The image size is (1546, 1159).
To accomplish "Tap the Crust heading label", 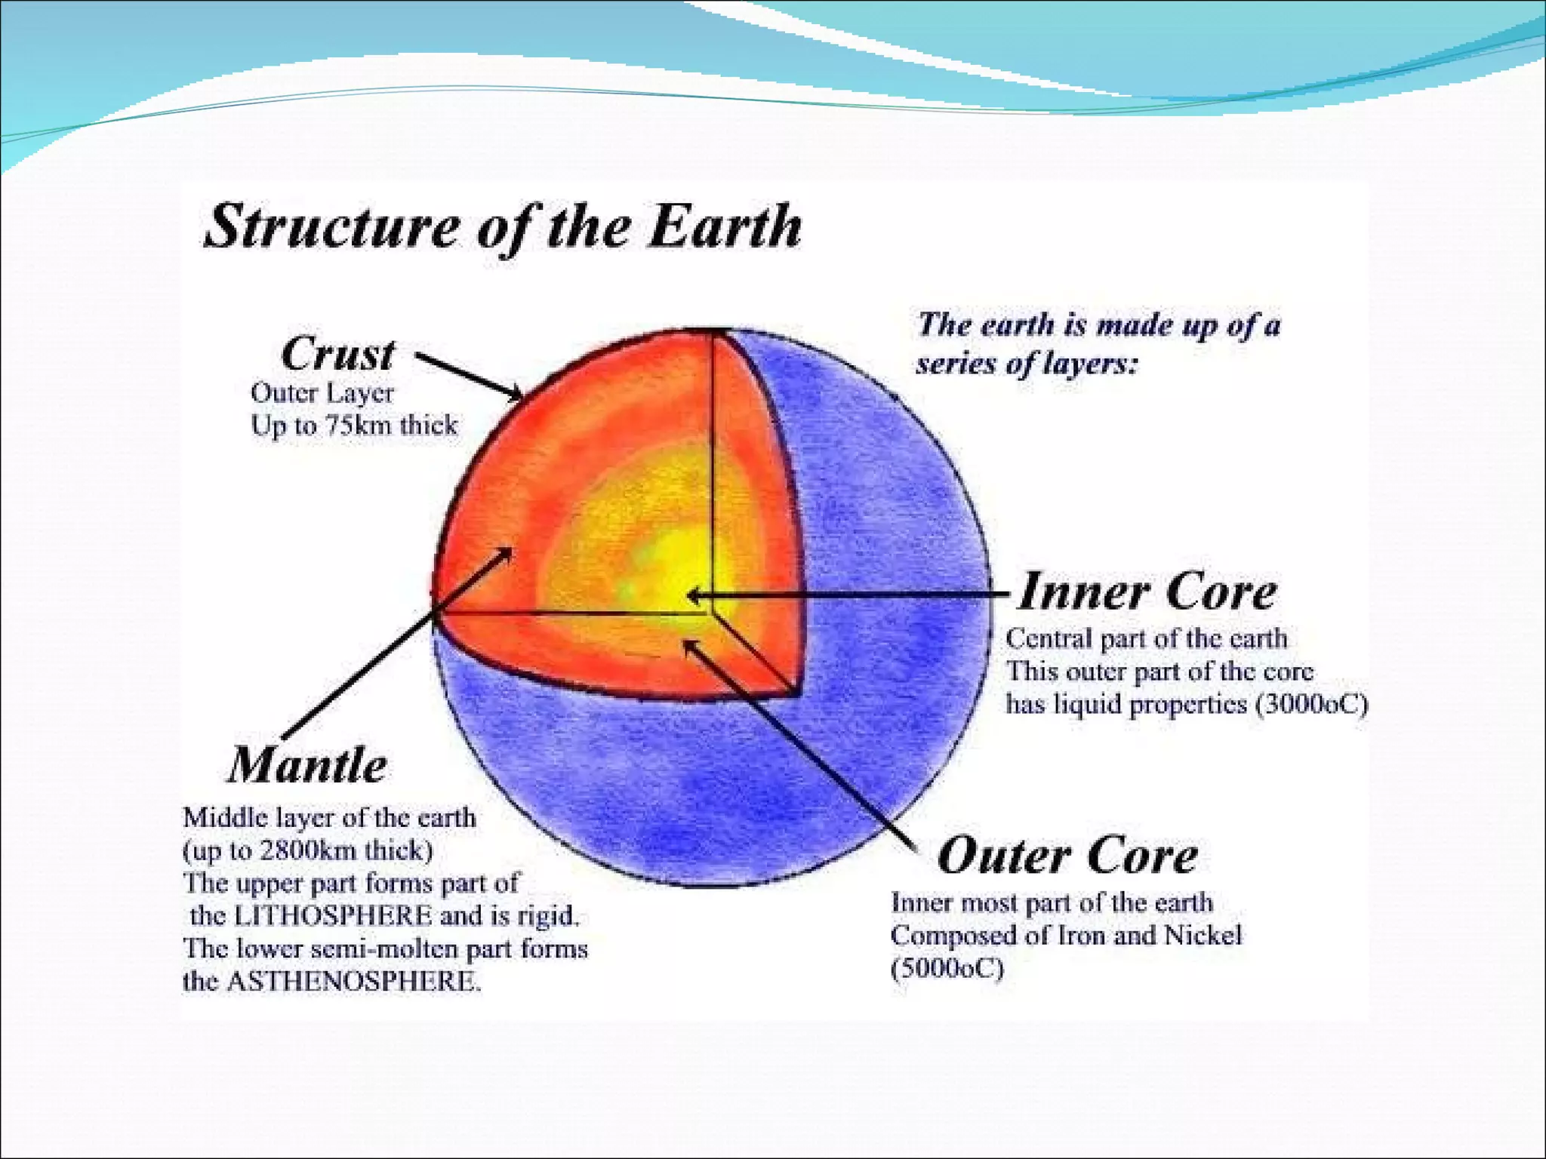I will pos(337,354).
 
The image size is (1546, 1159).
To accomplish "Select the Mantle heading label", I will pos(307,765).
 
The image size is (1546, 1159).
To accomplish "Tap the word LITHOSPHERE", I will pos(333,916).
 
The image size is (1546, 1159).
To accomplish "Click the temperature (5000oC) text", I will pos(947,968).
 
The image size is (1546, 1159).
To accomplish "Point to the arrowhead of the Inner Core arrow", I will pos(693,596).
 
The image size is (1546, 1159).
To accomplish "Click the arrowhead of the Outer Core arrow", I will pos(688,646).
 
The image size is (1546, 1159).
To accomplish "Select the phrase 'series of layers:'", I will pos(1026,364).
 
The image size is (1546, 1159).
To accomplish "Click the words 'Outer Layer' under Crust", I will pos(322,393).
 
